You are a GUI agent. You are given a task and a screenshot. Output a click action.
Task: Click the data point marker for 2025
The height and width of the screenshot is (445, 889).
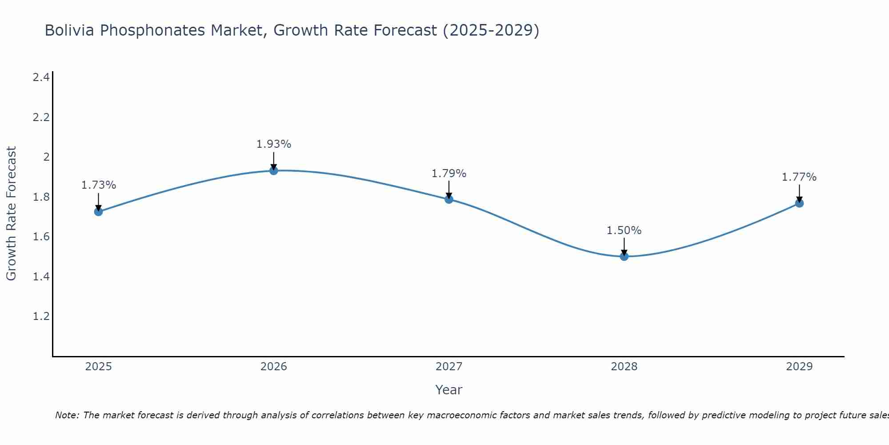point(99,211)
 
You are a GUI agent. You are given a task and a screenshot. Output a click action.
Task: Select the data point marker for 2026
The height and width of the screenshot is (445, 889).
point(274,170)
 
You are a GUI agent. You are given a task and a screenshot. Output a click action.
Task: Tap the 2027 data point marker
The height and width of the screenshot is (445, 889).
point(449,199)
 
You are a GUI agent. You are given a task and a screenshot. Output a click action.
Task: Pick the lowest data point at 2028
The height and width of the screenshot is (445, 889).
point(624,256)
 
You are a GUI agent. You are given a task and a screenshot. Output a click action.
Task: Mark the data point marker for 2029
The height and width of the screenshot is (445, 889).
point(799,203)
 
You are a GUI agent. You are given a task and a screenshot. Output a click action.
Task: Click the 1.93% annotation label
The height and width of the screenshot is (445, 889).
point(274,144)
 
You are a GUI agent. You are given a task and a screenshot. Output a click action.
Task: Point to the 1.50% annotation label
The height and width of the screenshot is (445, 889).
point(624,231)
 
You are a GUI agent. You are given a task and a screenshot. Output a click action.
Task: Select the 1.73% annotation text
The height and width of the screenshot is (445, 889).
point(99,185)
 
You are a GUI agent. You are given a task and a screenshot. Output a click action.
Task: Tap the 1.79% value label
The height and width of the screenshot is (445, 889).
point(449,174)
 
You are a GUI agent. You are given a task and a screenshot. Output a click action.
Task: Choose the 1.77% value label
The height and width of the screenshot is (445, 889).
point(799,177)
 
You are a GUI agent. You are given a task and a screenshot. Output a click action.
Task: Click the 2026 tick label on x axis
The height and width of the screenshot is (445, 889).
point(274,367)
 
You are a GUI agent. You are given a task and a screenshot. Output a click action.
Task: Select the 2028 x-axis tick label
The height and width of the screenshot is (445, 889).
point(624,367)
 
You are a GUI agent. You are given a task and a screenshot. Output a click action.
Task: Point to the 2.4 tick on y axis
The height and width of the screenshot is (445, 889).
point(41,77)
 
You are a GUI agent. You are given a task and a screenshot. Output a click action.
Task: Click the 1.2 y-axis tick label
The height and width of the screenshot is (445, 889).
point(41,316)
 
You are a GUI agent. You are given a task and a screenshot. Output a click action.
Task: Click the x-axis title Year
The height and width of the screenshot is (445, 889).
point(449,390)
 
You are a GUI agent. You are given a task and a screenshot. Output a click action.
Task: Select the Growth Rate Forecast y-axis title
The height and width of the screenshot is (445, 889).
point(12,214)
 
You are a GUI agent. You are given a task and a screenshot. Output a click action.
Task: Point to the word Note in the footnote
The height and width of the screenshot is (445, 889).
point(67,415)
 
